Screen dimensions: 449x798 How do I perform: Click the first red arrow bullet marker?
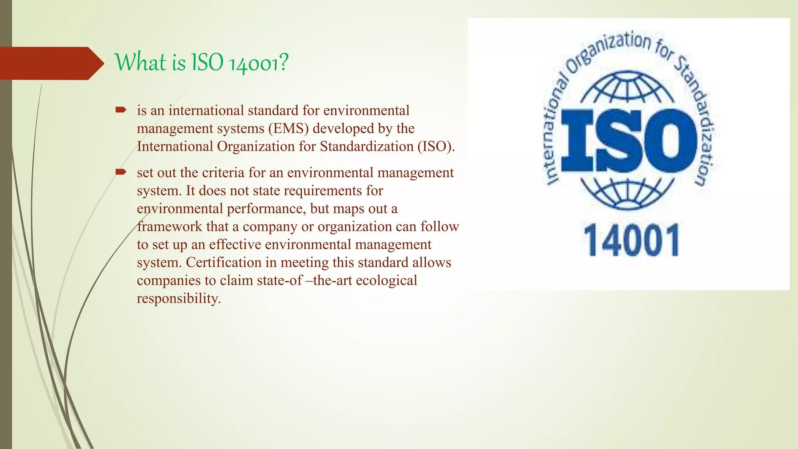121,110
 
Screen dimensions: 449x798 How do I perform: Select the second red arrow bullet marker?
121,172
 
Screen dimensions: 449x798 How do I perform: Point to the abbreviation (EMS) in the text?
289,128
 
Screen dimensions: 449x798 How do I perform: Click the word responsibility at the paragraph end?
178,298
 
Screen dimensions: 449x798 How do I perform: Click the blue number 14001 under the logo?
631,241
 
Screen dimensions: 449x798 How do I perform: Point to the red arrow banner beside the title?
51,63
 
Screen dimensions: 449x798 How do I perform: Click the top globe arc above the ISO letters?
627,88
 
